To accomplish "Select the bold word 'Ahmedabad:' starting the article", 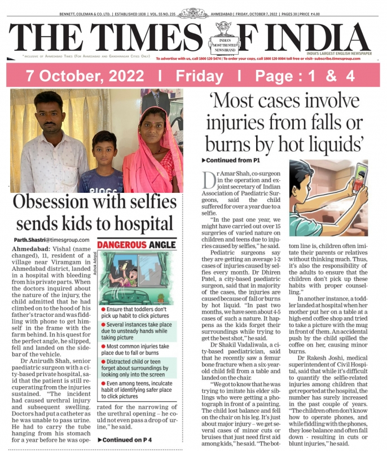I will tap(30, 249).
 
